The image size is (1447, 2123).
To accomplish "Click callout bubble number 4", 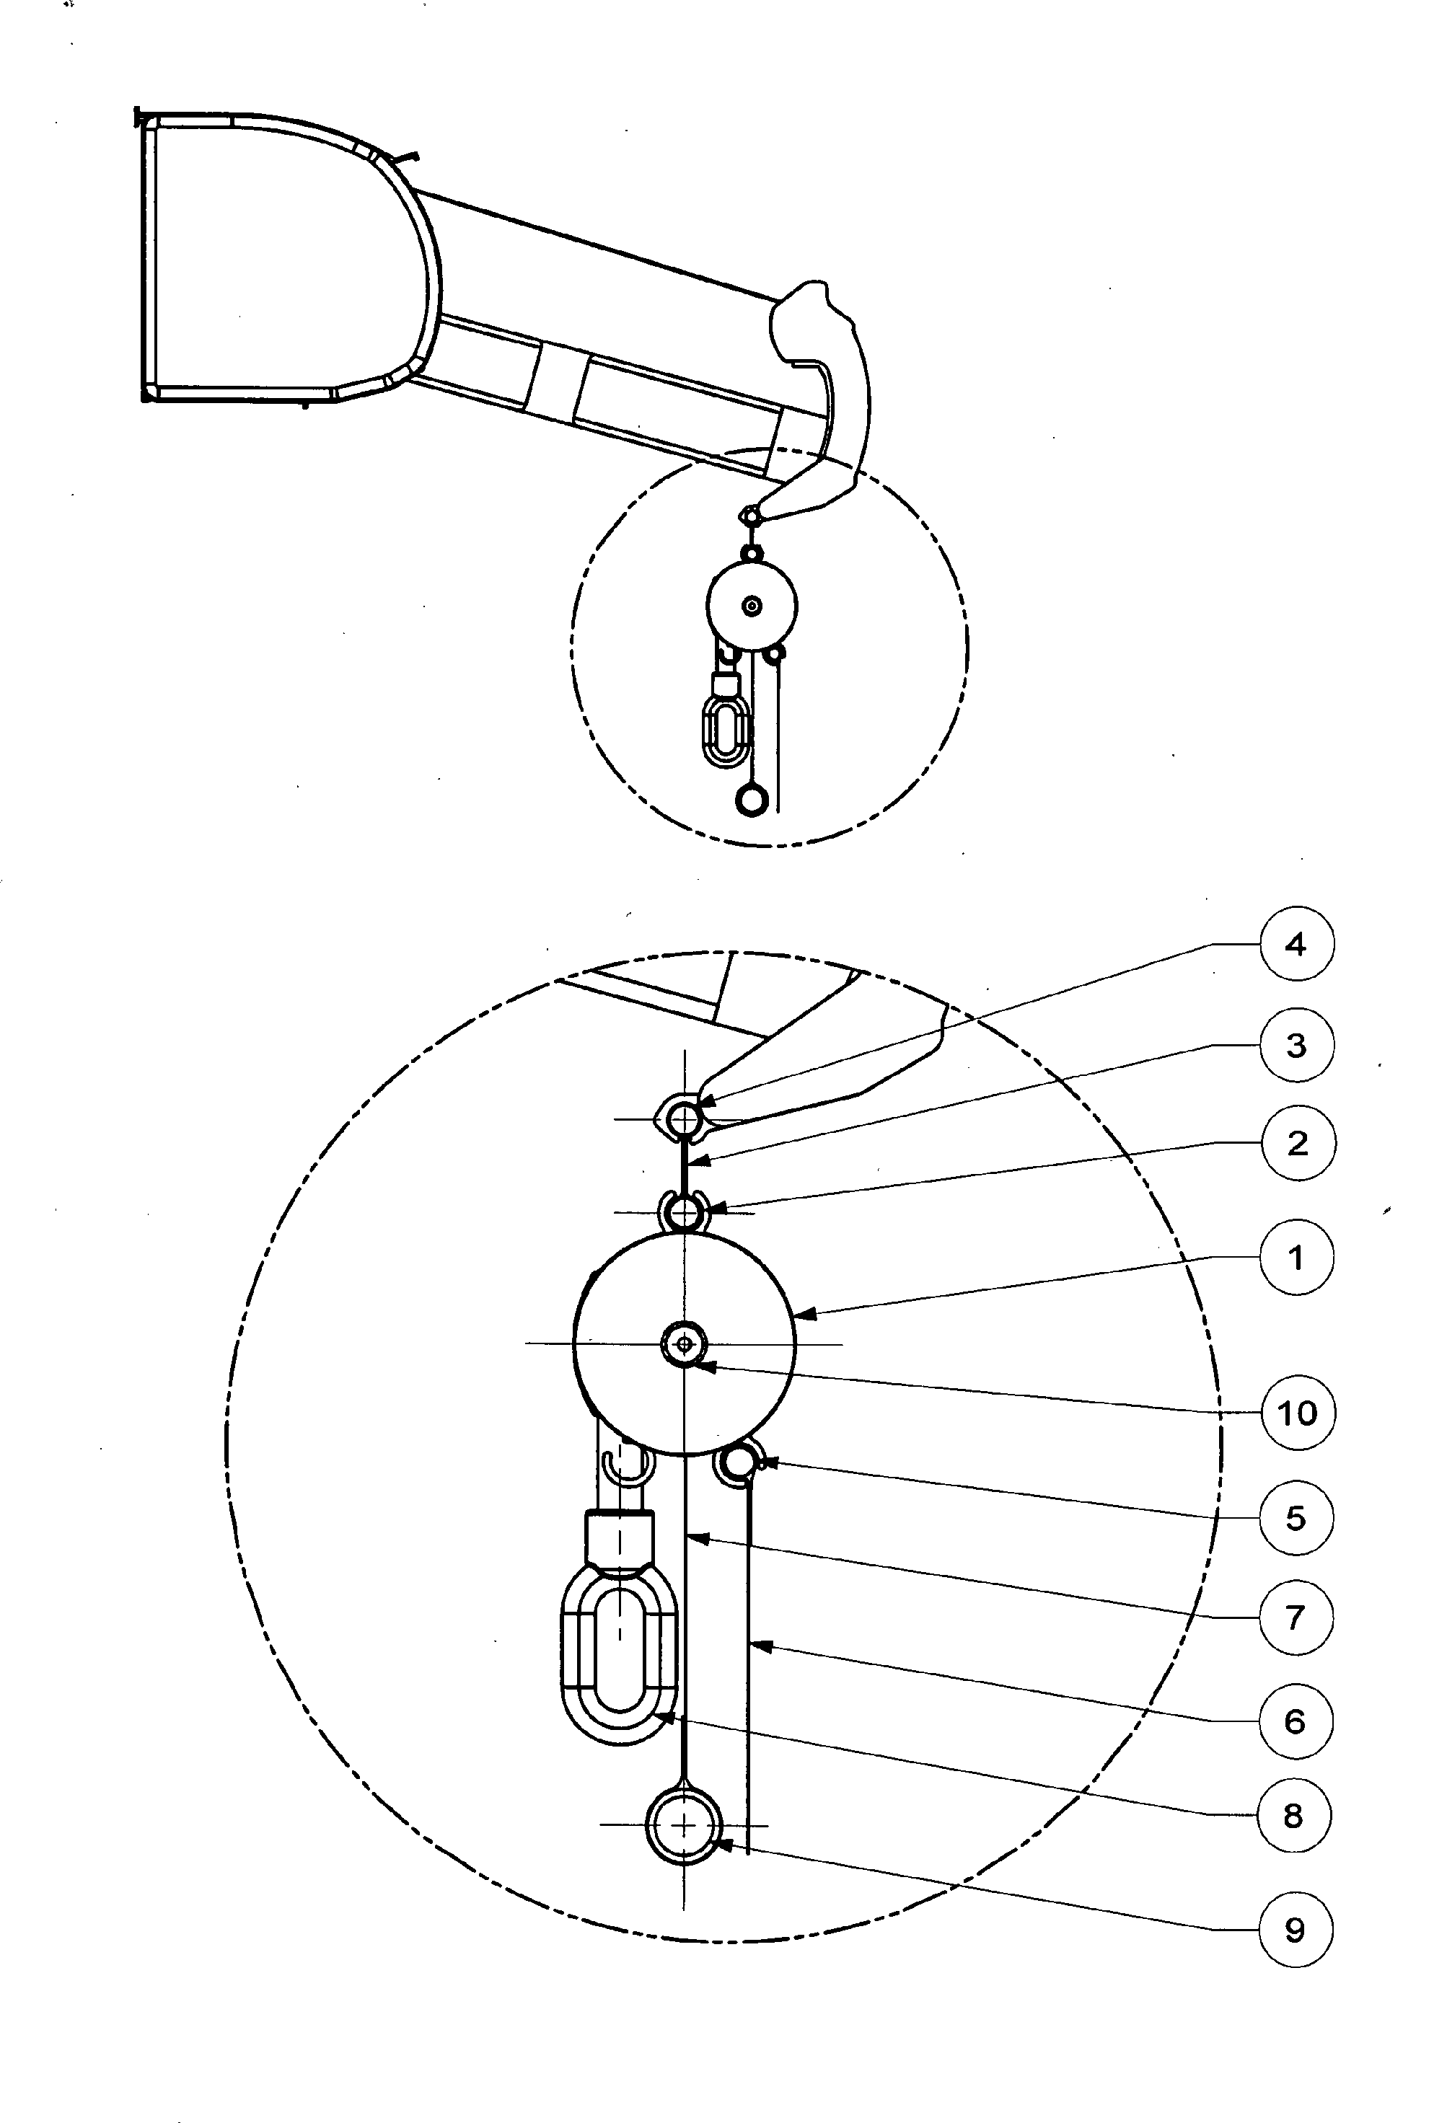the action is point(1296,944).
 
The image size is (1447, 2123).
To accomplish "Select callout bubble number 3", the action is point(1296,1044).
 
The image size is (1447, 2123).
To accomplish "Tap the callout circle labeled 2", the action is point(1297,1143).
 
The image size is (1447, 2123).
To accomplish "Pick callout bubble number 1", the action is point(1296,1258).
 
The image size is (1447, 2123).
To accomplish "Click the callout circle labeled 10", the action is point(1297,1412).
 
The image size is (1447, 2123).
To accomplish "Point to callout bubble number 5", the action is point(1296,1518).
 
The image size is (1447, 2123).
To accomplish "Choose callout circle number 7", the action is point(1296,1617).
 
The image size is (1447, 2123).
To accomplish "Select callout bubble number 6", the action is point(1296,1721).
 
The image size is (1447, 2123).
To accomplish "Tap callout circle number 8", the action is point(1293,1816).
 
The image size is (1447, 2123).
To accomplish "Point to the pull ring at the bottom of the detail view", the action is point(683,1860).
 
